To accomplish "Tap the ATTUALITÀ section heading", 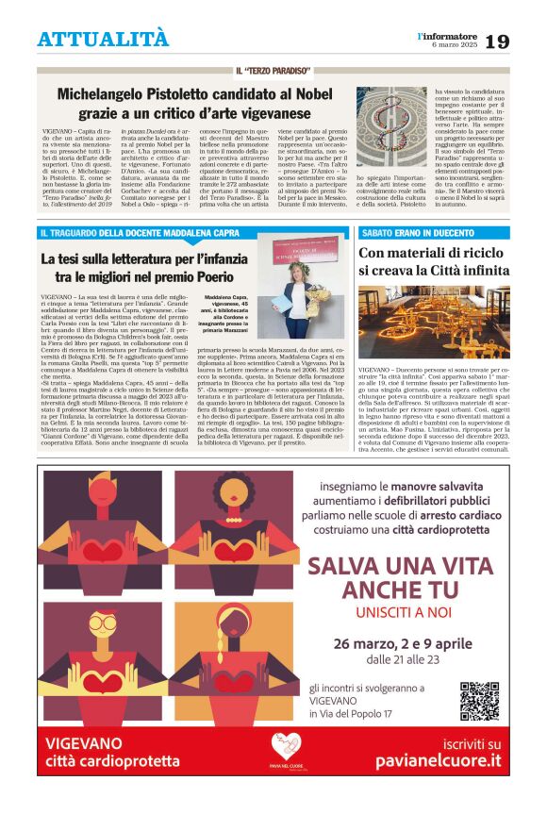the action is (103, 39).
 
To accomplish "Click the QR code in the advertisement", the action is (479, 701).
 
